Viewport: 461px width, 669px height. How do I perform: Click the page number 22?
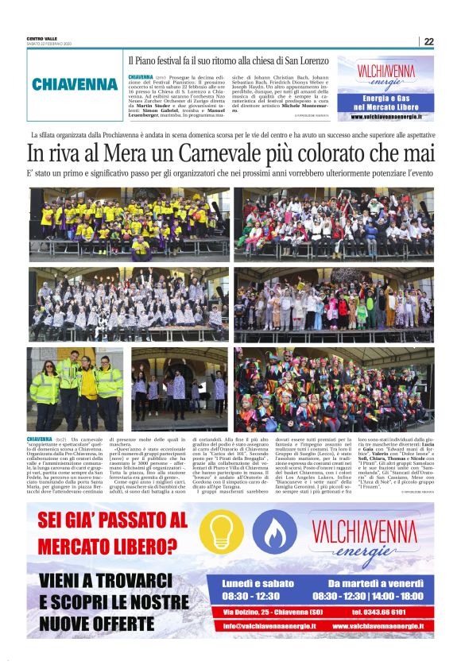(428, 41)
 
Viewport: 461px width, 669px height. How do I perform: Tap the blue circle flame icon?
(274, 531)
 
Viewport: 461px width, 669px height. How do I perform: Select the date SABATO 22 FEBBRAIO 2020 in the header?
(50, 44)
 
